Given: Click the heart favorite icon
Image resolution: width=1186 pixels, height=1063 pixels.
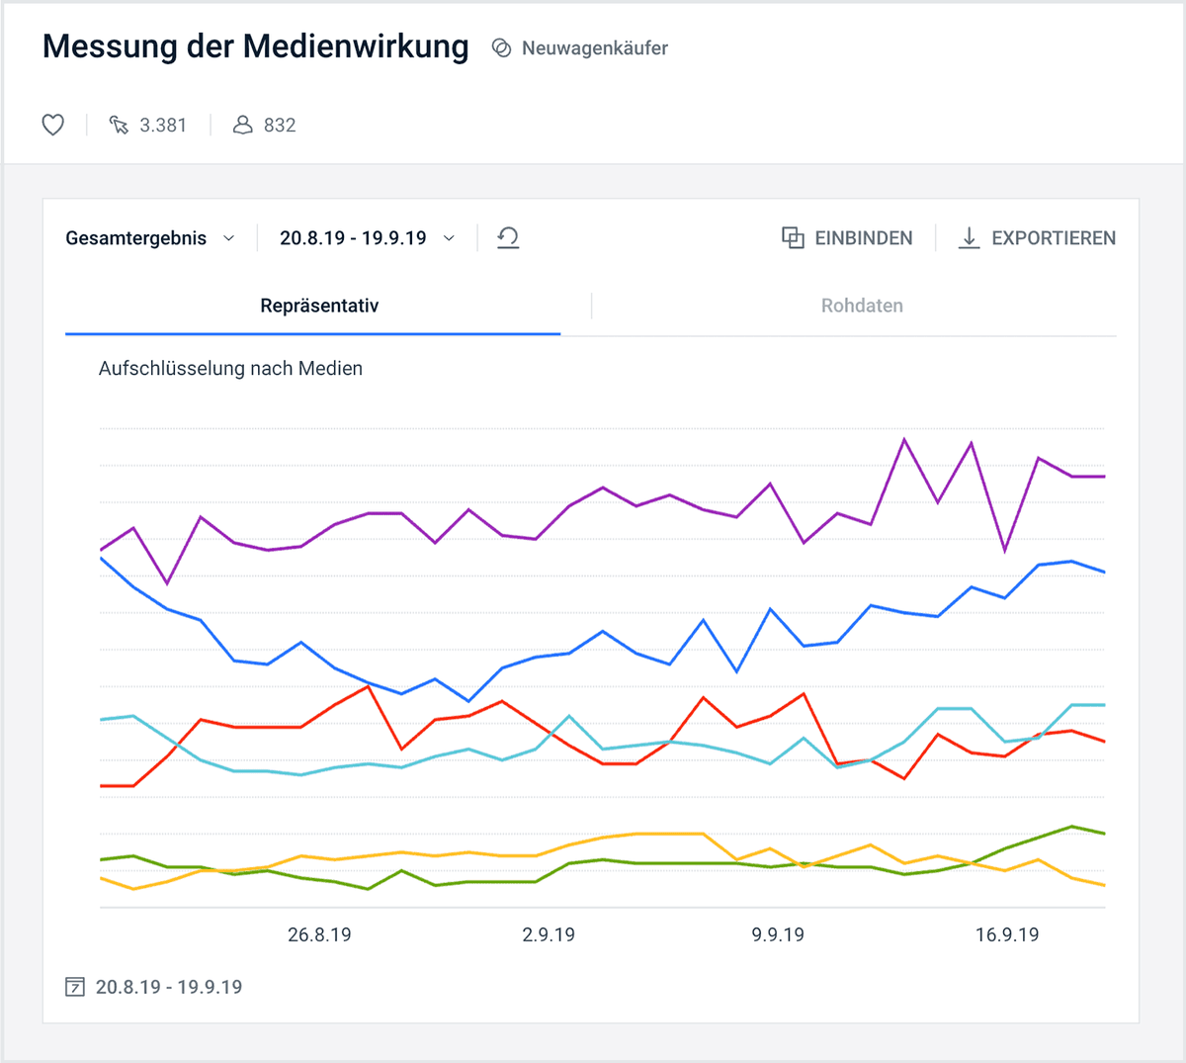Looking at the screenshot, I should (53, 125).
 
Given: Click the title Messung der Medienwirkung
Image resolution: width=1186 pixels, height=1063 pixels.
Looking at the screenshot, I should (256, 46).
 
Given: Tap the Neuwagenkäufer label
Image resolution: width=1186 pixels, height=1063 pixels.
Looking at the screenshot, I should (594, 48).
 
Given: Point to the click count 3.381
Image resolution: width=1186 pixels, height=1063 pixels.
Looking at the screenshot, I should (162, 126).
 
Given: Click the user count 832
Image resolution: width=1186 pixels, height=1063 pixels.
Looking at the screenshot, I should (279, 126).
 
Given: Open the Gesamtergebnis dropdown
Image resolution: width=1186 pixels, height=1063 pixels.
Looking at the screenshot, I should (150, 238).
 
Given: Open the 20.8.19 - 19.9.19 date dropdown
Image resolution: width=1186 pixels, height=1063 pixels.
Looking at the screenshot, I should (367, 238).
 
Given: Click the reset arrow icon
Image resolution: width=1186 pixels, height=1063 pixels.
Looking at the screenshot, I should (508, 237).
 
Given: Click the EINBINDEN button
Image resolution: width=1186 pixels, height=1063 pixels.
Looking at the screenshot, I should (847, 238).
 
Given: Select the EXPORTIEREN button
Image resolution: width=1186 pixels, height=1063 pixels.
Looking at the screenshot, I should (1037, 238).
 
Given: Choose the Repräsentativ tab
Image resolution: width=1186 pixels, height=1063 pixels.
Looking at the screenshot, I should (319, 306).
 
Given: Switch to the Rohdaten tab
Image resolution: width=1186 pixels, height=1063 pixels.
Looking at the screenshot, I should (862, 306).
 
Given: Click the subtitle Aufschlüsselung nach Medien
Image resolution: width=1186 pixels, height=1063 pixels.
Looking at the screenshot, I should (230, 368).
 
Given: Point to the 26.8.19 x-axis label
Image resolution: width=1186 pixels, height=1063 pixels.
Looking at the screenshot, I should (319, 934).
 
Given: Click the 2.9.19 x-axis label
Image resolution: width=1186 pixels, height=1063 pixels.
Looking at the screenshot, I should (549, 934).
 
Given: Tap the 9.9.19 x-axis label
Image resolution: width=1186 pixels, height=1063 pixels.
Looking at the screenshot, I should (778, 934).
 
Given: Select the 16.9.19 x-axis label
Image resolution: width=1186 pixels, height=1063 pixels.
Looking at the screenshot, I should (1007, 934).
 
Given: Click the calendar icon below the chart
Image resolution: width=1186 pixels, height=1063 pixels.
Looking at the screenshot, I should (74, 987).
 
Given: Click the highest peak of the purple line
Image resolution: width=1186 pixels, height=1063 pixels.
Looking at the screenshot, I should (904, 439).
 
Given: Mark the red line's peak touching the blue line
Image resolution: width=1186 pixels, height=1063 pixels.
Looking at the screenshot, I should (369, 685).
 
